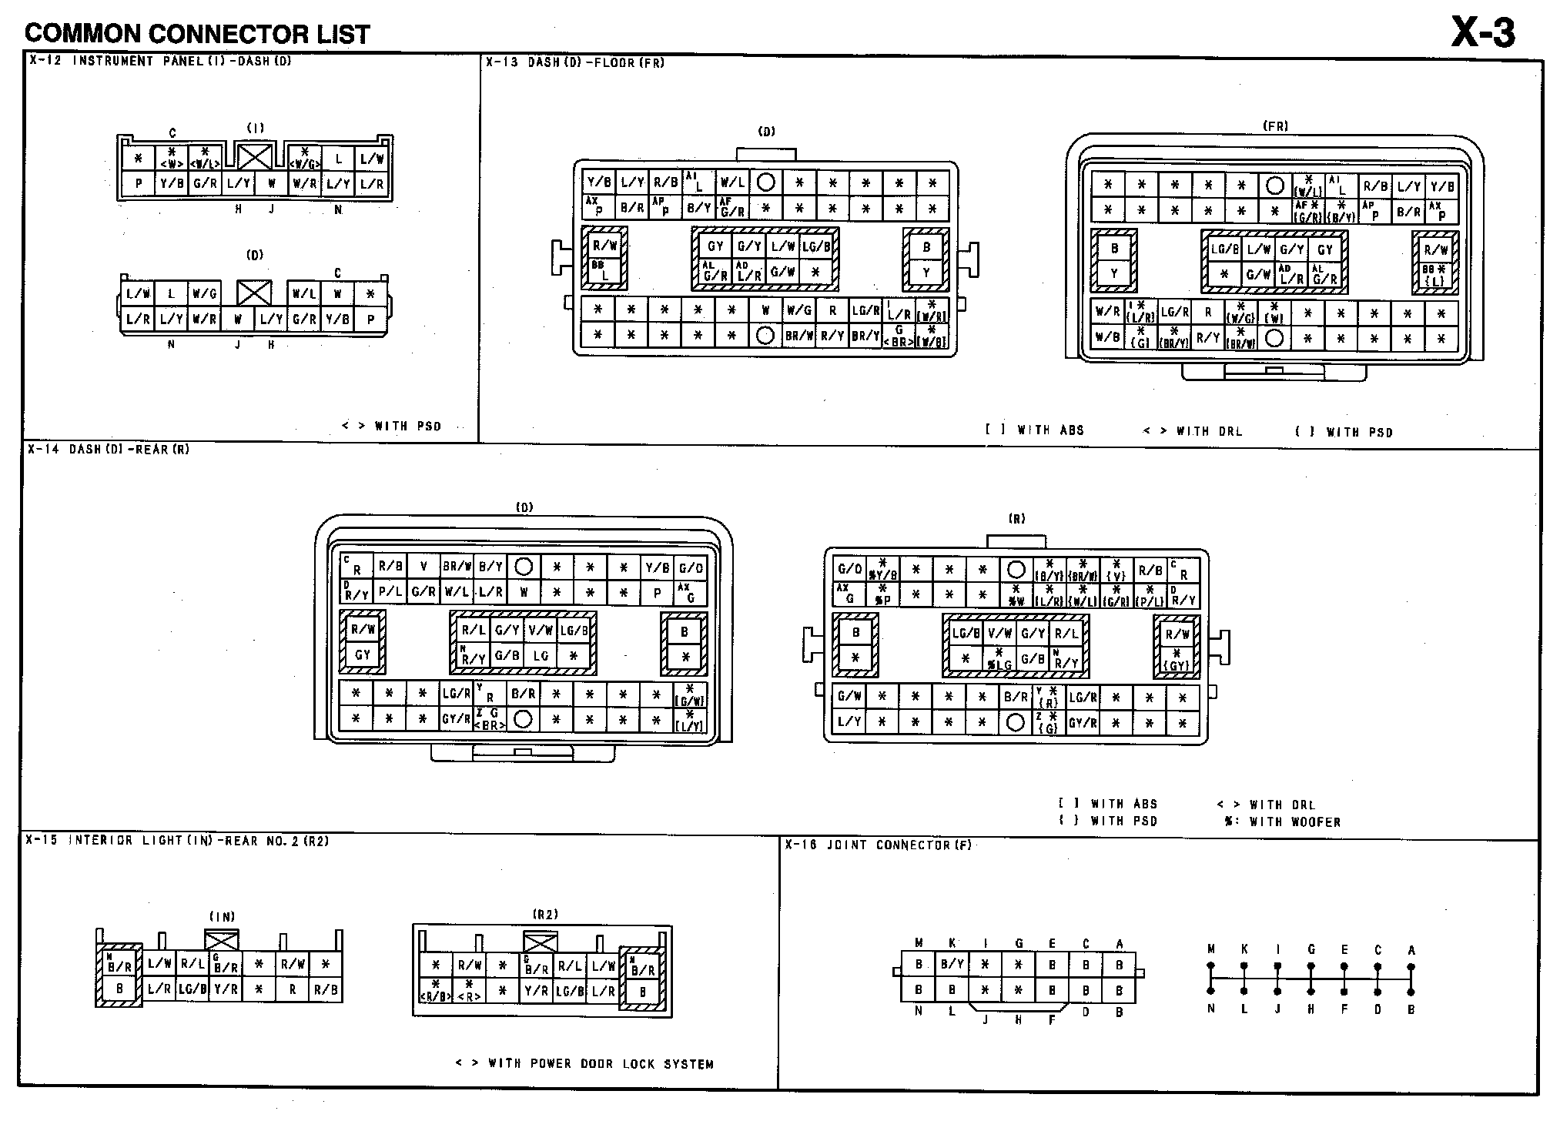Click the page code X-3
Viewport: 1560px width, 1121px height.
point(1482,32)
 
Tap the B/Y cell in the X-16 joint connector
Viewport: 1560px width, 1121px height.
point(952,964)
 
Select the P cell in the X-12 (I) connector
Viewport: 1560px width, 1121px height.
point(139,184)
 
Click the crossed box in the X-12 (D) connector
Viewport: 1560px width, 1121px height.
point(253,293)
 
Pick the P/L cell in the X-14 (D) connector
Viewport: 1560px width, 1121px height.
point(390,592)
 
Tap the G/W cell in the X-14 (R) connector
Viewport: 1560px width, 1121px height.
point(849,697)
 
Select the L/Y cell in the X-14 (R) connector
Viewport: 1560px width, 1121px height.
point(849,722)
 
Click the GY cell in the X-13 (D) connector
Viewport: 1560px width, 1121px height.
point(716,246)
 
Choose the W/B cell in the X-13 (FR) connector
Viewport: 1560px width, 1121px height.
point(1107,336)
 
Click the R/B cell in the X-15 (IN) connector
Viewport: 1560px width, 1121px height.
point(326,989)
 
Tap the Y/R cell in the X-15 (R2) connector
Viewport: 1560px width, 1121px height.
point(536,992)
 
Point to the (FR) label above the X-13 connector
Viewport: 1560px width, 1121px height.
point(1275,126)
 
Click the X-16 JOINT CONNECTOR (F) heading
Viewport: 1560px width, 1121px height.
point(878,845)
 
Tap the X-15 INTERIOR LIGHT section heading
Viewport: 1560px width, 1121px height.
point(177,841)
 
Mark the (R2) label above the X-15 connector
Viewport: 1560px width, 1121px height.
point(545,915)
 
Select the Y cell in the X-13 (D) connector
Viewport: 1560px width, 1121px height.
point(926,272)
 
